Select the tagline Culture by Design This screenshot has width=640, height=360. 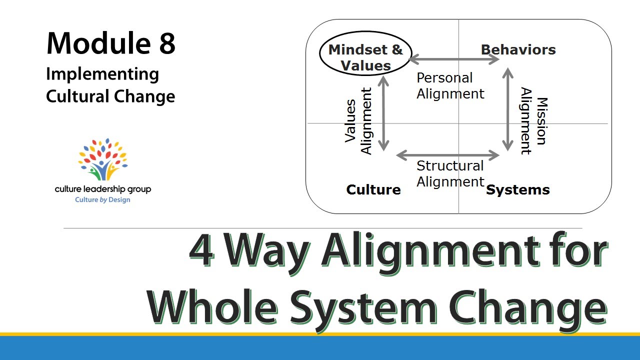[x=102, y=200]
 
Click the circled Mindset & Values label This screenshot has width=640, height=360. [x=365, y=57]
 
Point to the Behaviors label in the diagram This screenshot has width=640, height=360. [x=518, y=50]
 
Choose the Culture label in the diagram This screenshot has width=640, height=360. [x=373, y=190]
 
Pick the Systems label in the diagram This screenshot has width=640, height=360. [x=518, y=190]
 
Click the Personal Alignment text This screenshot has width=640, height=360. [x=450, y=85]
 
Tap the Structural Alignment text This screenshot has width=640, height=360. [x=450, y=173]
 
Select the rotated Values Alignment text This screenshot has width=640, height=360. [x=358, y=121]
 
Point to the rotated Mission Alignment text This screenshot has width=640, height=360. [x=534, y=121]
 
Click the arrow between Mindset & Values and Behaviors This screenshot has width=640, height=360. [x=454, y=60]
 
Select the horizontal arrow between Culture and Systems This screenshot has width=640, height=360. [x=448, y=155]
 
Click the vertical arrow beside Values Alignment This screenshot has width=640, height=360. [x=383, y=113]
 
